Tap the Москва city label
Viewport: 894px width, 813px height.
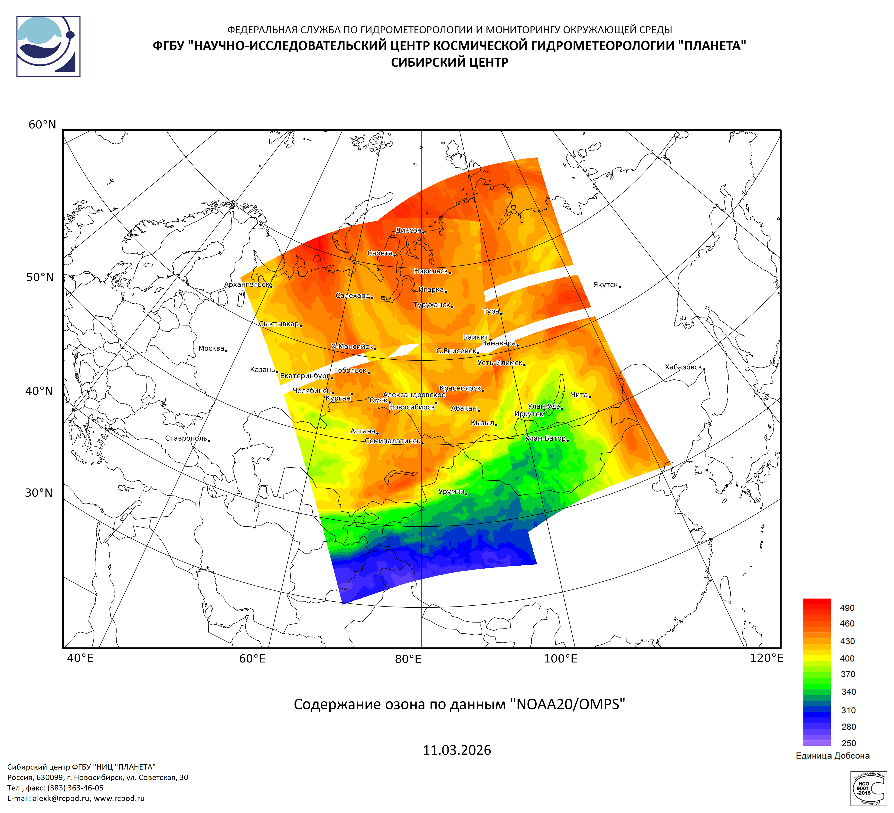tap(211, 349)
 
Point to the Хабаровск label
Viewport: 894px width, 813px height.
tap(683, 367)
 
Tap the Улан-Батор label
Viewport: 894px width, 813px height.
tap(545, 439)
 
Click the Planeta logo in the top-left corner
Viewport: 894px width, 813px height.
tap(48, 46)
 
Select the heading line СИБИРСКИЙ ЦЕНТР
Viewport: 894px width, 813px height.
tap(449, 62)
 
